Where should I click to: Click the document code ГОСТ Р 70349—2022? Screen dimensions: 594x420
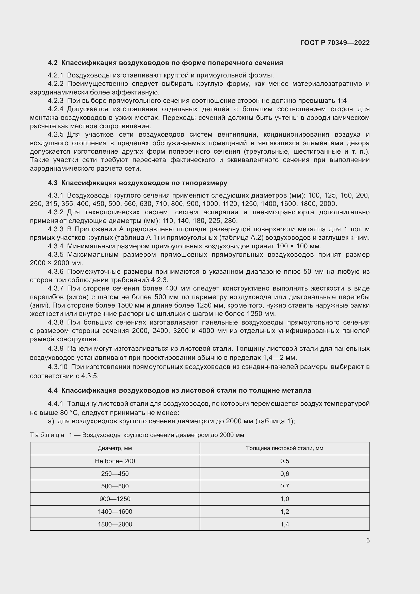click(335, 43)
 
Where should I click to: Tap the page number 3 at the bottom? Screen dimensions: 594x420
click(368, 540)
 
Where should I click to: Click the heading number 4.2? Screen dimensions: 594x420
click(53, 63)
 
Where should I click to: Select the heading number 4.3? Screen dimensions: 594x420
click(53, 183)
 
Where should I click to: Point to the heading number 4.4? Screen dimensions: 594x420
click(53, 390)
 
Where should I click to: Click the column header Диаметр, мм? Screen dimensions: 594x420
click(115, 448)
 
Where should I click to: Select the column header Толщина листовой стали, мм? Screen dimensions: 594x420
click(284, 448)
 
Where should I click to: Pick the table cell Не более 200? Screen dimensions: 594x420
click(115, 461)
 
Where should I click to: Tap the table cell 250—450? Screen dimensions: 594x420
click(115, 474)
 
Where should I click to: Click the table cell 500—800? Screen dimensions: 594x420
click(115, 486)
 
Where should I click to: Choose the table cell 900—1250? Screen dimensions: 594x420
click(115, 499)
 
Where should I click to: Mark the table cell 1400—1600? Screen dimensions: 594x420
click(115, 511)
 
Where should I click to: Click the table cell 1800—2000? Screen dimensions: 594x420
click(115, 524)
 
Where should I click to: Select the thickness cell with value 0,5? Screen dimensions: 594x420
click(284, 461)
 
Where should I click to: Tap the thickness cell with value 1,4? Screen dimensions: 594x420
click(284, 524)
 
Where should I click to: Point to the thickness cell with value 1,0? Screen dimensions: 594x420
click(284, 499)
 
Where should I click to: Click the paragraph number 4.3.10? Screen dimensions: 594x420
click(57, 367)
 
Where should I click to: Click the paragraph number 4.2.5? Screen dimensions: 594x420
click(56, 135)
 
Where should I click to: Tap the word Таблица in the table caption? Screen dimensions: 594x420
click(47, 435)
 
